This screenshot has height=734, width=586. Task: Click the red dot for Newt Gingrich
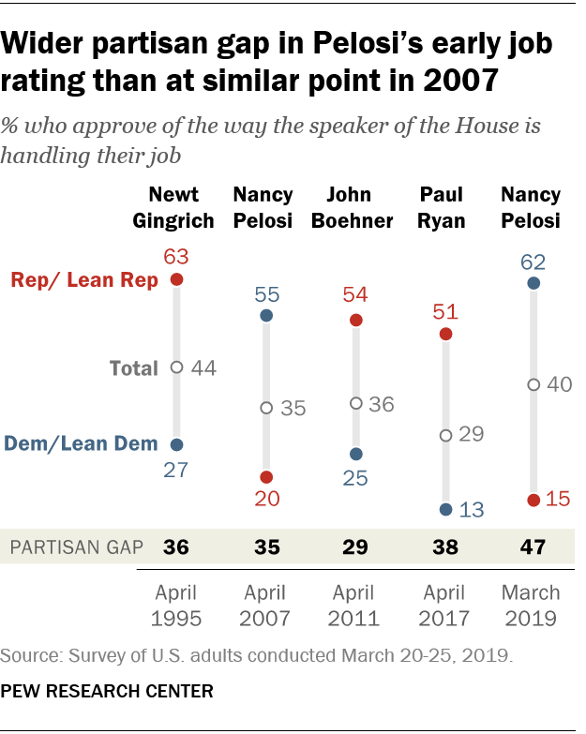point(176,279)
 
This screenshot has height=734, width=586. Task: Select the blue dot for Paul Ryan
point(445,510)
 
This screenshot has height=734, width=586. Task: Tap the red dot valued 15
point(533,501)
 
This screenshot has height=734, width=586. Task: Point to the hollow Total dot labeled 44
point(176,367)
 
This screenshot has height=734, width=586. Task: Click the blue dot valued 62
point(533,282)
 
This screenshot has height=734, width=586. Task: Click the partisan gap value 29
point(355,548)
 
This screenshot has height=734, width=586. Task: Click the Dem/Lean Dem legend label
point(81,444)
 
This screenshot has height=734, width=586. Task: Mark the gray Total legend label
point(132,368)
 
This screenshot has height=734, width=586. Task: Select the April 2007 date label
point(266,606)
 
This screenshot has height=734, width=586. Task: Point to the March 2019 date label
point(531,606)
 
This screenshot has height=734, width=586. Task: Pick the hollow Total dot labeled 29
point(445,435)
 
